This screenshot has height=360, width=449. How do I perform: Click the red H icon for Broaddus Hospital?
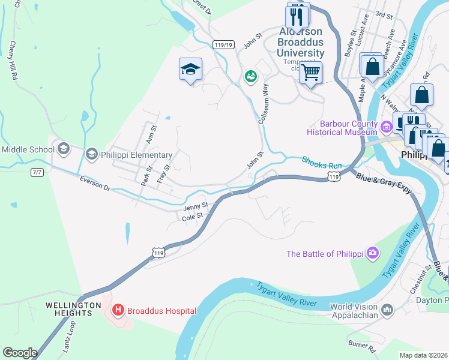click(118, 310)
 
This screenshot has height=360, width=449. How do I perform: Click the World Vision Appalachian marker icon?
click(387, 310)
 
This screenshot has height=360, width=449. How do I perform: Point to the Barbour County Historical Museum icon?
click(387, 127)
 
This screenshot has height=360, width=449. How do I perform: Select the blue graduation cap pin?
click(190, 70)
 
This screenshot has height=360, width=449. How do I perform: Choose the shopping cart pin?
click(310, 73)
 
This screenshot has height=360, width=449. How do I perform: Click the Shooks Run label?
click(321, 161)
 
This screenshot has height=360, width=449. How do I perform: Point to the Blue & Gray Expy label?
click(384, 182)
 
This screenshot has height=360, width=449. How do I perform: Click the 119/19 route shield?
click(223, 44)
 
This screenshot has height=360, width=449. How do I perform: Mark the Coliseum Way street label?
click(262, 104)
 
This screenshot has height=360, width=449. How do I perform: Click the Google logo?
click(20, 353)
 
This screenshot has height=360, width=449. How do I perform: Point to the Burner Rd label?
click(364, 346)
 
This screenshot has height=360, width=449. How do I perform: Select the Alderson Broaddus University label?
click(300, 42)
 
